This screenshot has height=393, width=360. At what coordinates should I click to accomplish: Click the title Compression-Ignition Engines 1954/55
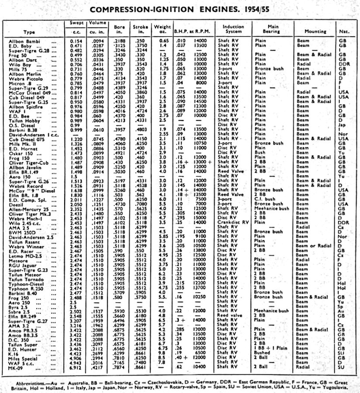pos(180,10)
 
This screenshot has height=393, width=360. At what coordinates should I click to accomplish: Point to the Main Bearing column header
pos(271,29)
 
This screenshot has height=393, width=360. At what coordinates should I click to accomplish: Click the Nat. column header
pos(344,32)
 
